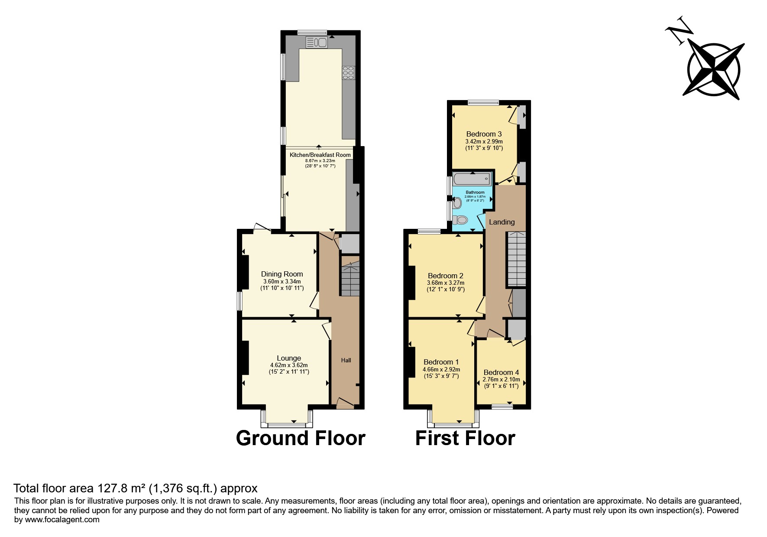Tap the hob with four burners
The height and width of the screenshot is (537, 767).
348,73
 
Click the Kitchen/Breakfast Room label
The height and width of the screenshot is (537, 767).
320,155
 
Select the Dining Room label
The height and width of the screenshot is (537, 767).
282,274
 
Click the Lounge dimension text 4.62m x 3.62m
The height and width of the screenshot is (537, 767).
289,365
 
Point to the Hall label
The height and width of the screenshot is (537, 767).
346,360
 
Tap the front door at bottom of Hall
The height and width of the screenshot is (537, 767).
345,403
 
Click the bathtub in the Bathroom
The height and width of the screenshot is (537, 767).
472,178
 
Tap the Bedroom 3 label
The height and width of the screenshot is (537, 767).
484,134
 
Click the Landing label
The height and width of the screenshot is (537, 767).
502,222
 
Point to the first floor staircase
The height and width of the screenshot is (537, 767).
516,259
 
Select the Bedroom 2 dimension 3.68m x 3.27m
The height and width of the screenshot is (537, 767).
446,283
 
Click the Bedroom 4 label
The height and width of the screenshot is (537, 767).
501,372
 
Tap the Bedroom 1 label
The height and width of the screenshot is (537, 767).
441,362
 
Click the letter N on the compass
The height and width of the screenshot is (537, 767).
679,30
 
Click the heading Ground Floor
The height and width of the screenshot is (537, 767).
300,438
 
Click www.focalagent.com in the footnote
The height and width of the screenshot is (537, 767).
62,520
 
